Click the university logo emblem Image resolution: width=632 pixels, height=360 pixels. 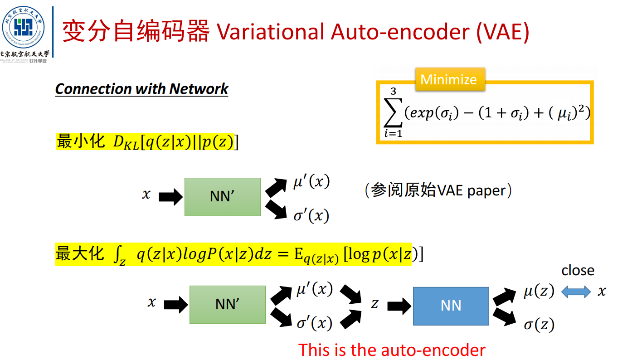click(x=24, y=27)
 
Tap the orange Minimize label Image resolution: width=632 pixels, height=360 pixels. click(x=449, y=79)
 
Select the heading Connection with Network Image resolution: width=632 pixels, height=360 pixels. click(x=141, y=89)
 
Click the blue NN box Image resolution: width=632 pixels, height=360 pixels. click(x=451, y=306)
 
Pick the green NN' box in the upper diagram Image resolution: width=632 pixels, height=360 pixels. click(x=222, y=197)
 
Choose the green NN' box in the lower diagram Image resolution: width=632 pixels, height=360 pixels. click(x=227, y=305)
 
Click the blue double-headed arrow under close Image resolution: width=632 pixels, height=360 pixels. click(x=576, y=292)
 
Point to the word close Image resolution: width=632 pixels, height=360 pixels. click(x=578, y=271)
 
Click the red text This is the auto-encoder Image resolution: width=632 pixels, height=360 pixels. click(x=392, y=350)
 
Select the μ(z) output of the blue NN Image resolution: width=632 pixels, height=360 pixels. click(x=539, y=292)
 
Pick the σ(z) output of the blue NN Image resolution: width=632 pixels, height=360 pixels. click(x=539, y=325)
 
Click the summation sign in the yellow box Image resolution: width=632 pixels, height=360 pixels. click(x=393, y=113)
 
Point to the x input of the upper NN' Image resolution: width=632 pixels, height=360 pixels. click(x=146, y=195)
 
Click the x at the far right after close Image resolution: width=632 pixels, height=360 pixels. click(x=602, y=292)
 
